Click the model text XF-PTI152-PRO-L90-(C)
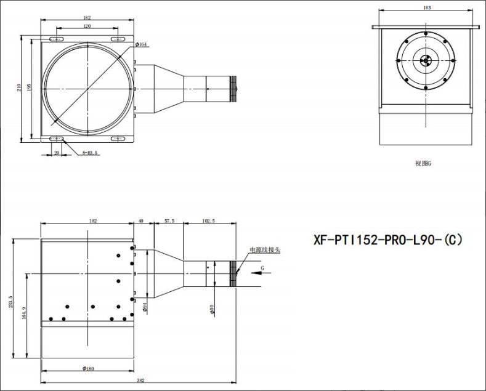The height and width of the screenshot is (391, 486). tap(387, 240)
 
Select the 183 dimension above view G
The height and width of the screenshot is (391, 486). tap(427, 8)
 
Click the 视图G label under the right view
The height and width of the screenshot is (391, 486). tap(423, 164)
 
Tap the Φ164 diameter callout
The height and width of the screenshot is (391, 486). tap(142, 44)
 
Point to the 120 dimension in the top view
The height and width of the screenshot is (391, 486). tap(87, 27)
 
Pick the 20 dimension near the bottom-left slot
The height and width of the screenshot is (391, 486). tap(57, 152)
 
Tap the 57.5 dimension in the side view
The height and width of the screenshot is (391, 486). tap(169, 220)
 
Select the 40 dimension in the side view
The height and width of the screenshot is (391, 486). tap(141, 220)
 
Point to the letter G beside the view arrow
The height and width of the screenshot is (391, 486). tap(262, 268)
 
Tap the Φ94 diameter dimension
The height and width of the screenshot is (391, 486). tap(144, 307)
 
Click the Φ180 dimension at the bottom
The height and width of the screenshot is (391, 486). tap(88, 369)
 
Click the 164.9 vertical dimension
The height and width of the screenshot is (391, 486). tap(23, 313)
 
